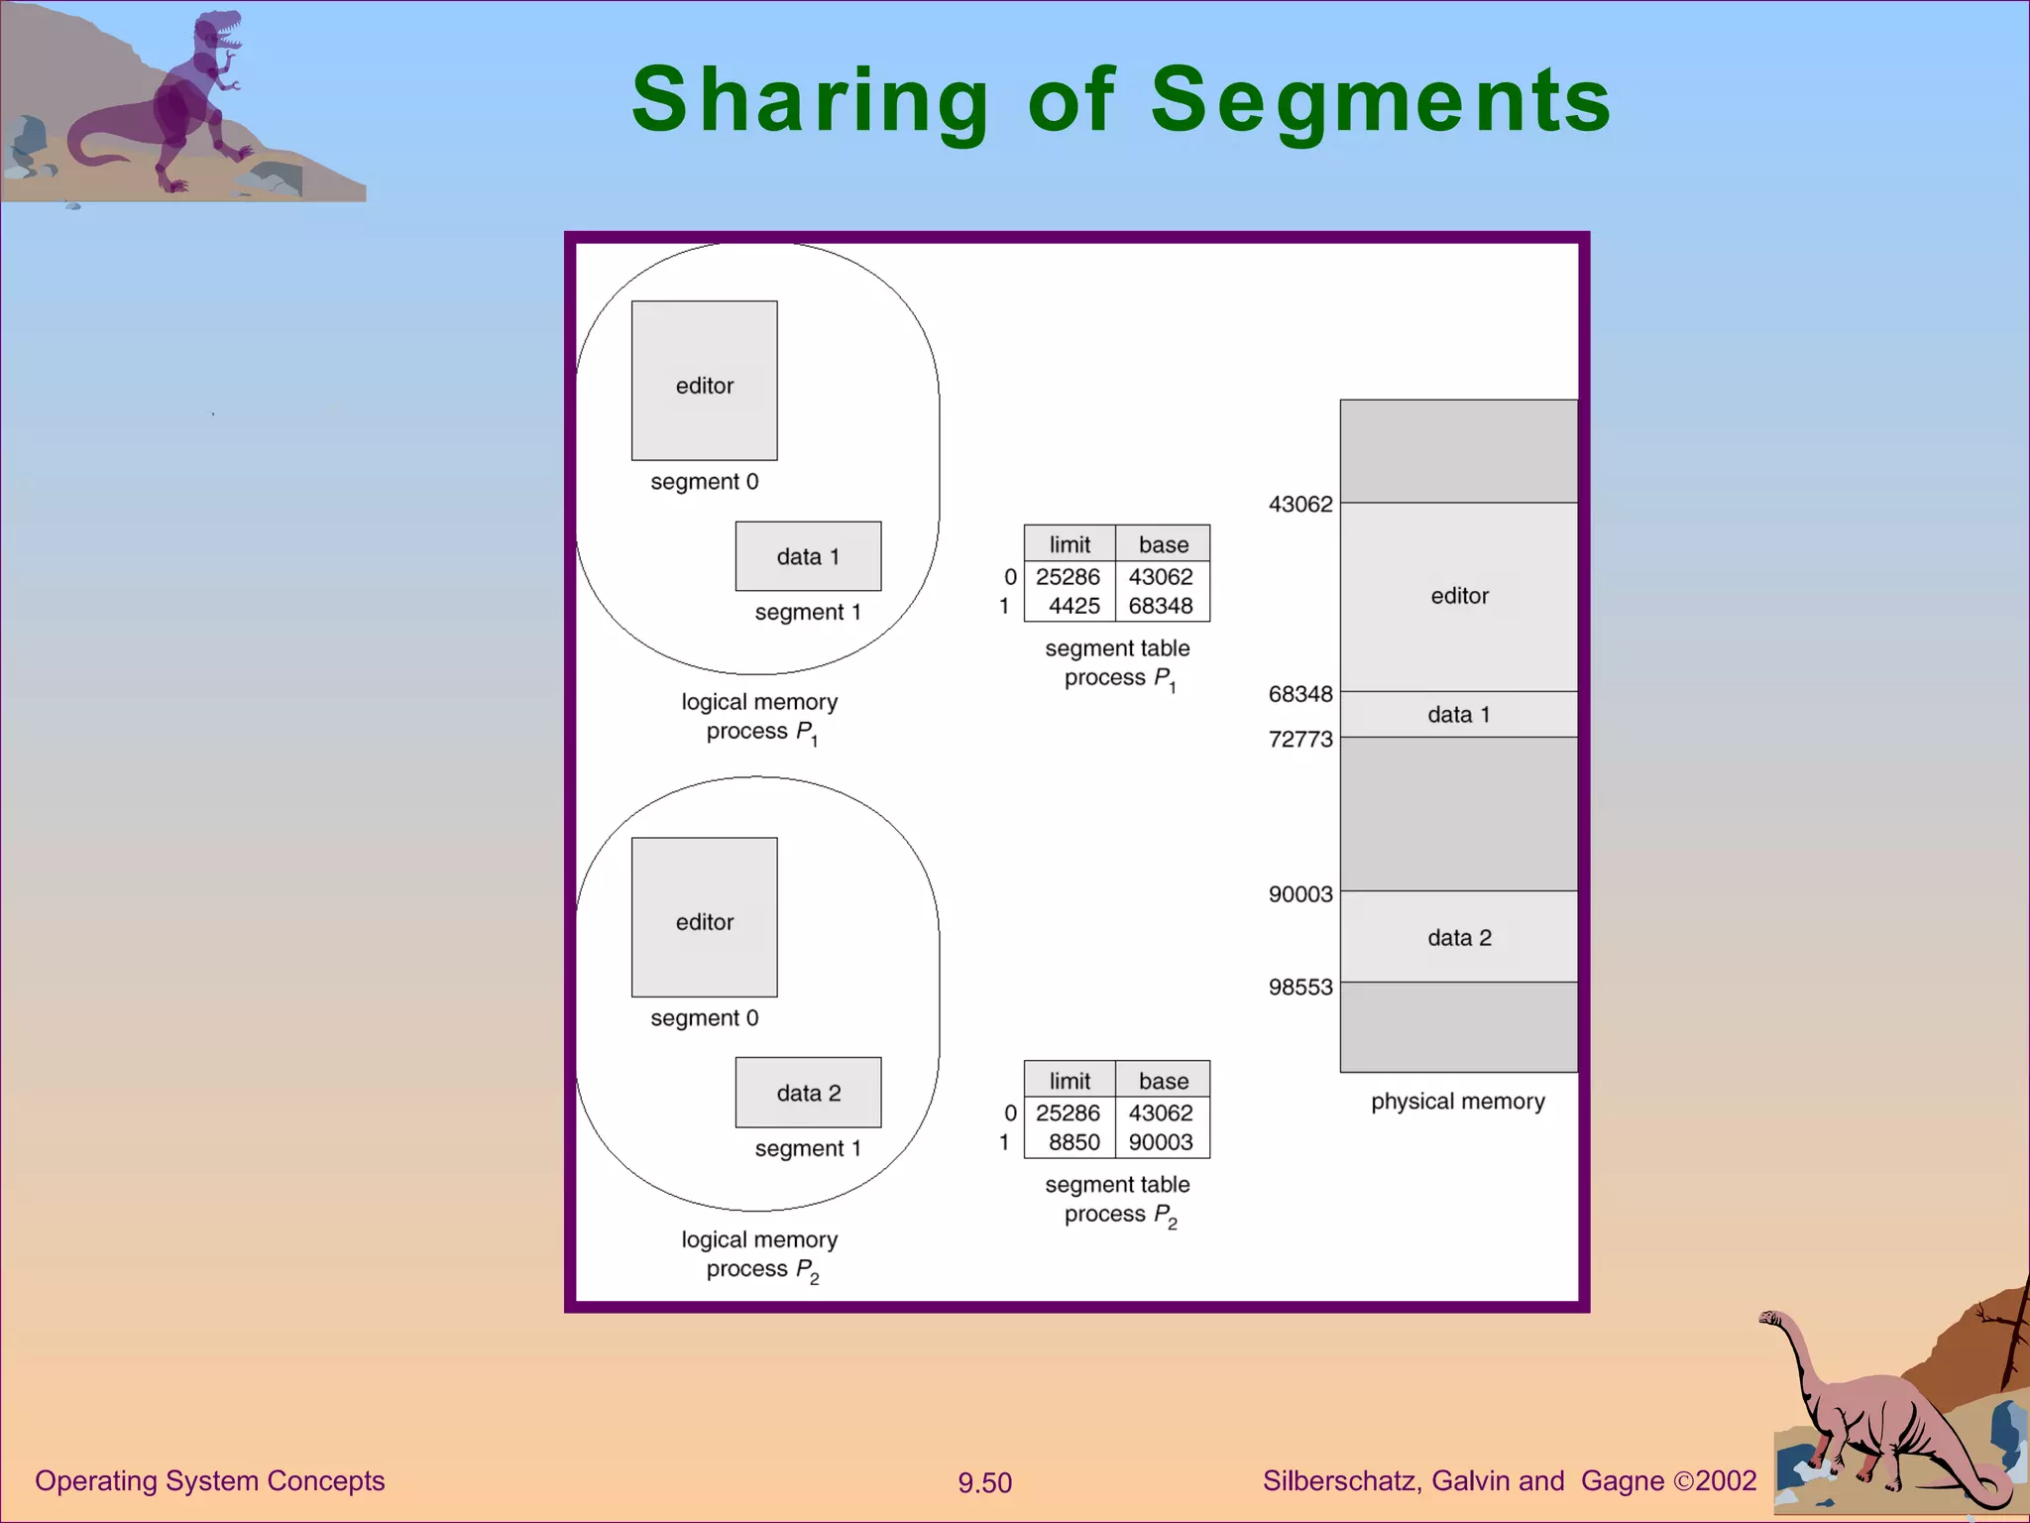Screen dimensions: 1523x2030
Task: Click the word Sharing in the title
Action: coord(810,100)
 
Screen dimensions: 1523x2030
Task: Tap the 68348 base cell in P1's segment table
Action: coord(1161,606)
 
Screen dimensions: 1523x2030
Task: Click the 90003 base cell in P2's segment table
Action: coord(1161,1142)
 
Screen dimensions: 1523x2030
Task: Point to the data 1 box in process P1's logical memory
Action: coord(808,556)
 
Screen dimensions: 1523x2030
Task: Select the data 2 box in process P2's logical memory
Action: coord(808,1093)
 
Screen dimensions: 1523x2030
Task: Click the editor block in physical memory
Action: coord(1458,596)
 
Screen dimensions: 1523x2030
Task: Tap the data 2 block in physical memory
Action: coord(1458,937)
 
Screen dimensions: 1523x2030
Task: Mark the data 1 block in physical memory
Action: coord(1458,714)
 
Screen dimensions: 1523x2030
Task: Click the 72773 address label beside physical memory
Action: coord(1300,740)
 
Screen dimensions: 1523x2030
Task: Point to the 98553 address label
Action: coord(1300,988)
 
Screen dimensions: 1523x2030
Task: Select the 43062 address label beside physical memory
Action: coord(1300,505)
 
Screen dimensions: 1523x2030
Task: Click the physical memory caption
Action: coord(1457,1102)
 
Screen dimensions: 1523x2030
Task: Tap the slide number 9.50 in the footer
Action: coord(984,1483)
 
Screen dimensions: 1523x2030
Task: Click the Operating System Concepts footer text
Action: coord(209,1481)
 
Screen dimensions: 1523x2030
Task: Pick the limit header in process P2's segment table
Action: coord(1070,1081)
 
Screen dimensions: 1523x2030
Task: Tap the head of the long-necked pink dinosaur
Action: coord(1771,1319)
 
